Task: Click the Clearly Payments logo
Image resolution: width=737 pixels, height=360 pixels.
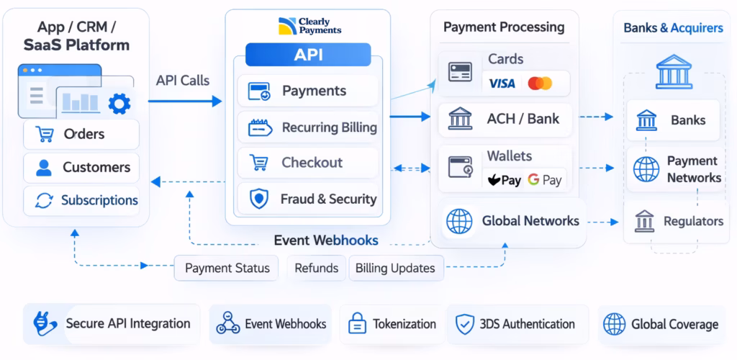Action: [309, 27]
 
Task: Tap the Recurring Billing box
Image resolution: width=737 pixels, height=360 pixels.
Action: [308, 127]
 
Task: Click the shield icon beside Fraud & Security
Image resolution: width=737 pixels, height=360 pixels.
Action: [258, 199]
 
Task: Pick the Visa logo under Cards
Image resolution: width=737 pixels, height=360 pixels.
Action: [502, 84]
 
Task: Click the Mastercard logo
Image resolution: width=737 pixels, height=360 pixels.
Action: [540, 84]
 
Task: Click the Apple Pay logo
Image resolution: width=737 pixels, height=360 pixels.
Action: [505, 180]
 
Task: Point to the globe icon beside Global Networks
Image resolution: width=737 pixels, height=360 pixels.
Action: [459, 221]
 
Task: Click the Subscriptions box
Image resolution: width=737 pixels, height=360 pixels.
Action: [81, 200]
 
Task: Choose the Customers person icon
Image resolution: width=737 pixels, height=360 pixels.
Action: [44, 168]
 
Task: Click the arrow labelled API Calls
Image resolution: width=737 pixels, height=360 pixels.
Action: [185, 102]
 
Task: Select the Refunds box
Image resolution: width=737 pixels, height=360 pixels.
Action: [316, 268]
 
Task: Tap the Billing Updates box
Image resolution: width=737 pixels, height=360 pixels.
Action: [396, 268]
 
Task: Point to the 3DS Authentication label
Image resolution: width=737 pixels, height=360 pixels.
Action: [527, 324]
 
